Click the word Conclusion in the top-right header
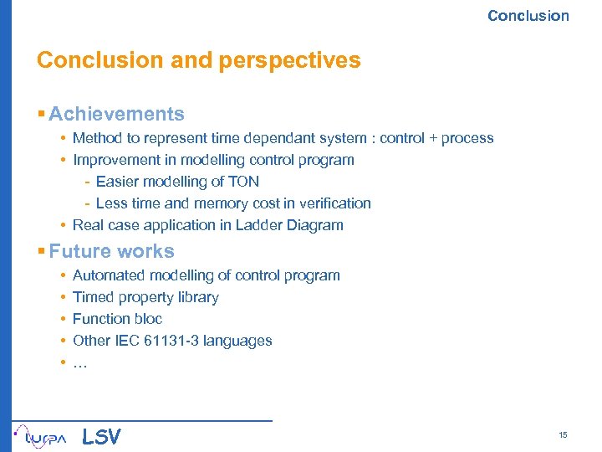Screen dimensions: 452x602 528,16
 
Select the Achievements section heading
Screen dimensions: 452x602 116,114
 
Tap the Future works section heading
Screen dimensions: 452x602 111,251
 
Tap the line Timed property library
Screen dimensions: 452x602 145,297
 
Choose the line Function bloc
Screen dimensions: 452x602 117,319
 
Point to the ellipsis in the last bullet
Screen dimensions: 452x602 79,362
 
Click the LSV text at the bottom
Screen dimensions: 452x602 101,437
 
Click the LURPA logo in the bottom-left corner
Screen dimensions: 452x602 41,436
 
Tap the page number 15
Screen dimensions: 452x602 563,435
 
